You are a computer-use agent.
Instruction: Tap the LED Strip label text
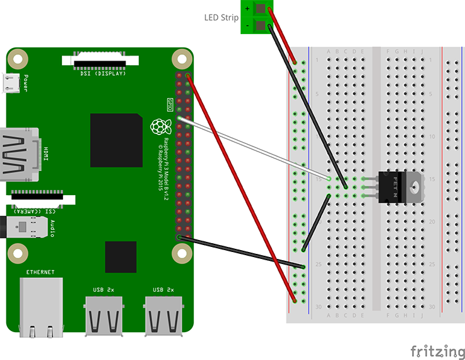click(x=221, y=17)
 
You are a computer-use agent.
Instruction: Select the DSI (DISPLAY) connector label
click(x=103, y=73)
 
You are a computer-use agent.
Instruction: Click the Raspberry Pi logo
click(x=157, y=126)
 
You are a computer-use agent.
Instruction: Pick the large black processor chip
click(x=115, y=140)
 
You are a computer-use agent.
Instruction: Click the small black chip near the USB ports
click(x=121, y=256)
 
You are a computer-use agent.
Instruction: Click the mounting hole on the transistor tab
click(x=414, y=187)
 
